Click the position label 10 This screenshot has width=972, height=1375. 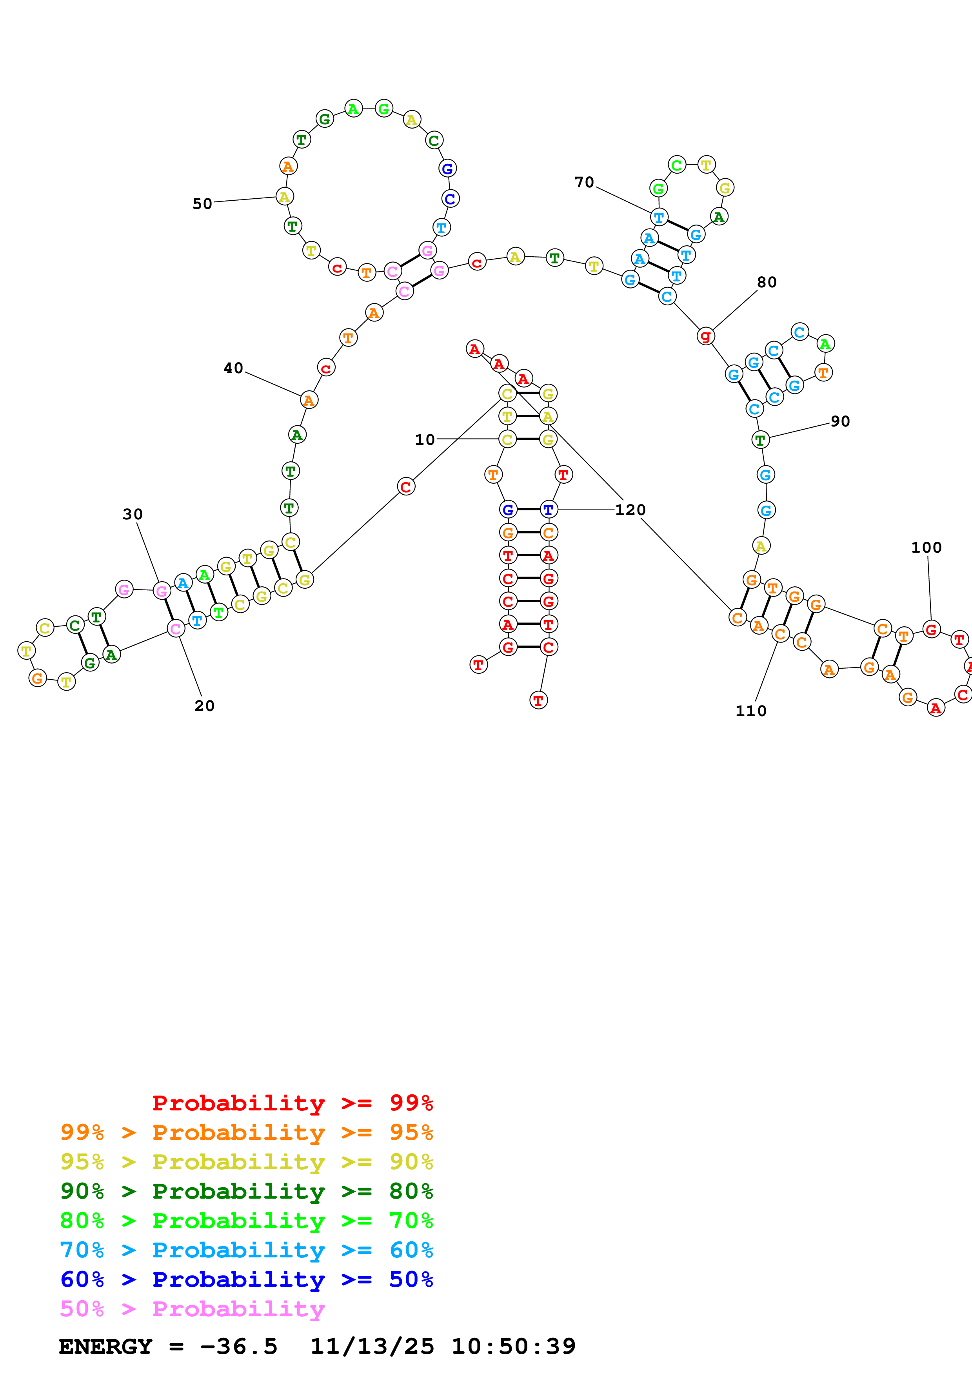[425, 439]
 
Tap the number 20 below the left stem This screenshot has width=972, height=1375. [204, 706]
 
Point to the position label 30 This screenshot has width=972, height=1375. [133, 514]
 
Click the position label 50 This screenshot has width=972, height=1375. [202, 203]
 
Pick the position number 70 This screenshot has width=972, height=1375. [584, 182]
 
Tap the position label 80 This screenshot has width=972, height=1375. [767, 282]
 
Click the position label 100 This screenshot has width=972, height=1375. [926, 547]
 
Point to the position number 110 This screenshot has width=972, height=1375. [750, 711]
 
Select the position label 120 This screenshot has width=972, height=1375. [630, 510]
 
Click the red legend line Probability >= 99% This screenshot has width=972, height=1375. [292, 1103]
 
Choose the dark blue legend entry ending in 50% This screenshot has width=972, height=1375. [246, 1279]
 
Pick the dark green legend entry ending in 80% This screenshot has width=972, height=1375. [246, 1191]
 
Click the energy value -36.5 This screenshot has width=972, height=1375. [238, 1346]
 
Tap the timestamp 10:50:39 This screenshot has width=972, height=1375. [513, 1346]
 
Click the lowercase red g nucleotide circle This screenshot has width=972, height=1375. [705, 336]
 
